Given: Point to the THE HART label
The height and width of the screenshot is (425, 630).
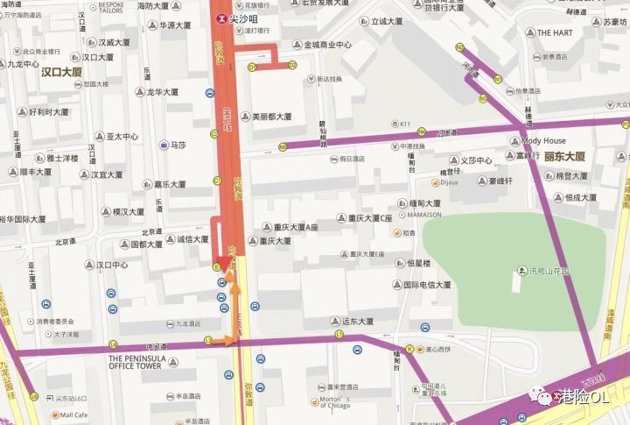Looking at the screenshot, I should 555,32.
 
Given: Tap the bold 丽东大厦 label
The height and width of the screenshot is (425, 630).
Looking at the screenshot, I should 563,156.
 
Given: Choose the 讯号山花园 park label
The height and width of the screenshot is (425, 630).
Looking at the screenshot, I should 549,271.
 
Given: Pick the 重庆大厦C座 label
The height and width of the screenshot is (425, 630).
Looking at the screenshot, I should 368,218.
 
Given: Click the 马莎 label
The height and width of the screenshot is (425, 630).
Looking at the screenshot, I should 178,145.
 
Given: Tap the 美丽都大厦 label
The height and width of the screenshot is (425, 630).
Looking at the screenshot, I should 271,116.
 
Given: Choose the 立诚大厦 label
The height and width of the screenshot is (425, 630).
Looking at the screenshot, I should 385,20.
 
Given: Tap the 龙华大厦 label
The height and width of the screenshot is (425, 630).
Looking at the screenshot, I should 162,91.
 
